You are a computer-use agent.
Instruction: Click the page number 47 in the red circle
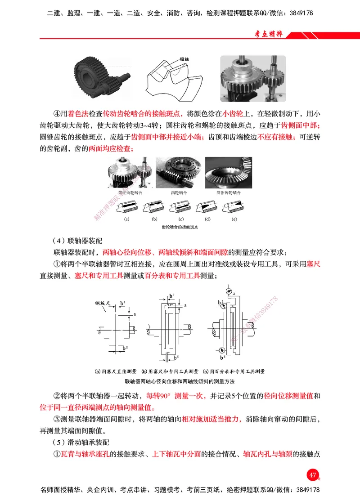tap(312, 475)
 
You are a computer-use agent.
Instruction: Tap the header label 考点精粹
tap(268, 34)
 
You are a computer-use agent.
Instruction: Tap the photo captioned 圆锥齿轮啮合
tap(228, 173)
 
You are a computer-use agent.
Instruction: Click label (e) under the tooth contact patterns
tap(234, 219)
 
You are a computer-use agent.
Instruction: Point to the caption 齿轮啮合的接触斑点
tap(180, 228)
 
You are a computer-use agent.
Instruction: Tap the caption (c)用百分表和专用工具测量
tap(234, 371)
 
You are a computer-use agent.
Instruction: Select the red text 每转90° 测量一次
tap(176, 396)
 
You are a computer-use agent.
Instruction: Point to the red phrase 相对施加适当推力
tap(212, 419)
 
